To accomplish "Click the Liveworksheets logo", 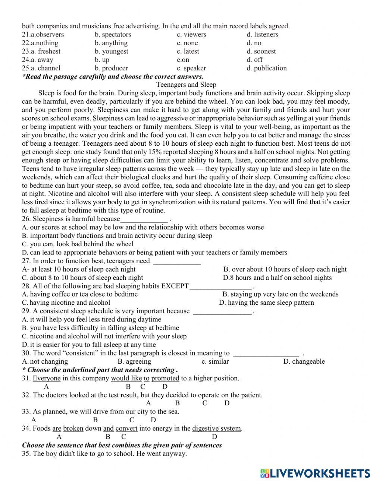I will (x=315, y=473).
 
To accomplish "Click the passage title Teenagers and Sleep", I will (x=186, y=85).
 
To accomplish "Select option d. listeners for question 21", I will (x=262, y=35).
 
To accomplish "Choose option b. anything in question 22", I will (x=111, y=43).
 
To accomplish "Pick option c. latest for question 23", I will (x=188, y=51).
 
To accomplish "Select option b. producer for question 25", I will (x=111, y=68).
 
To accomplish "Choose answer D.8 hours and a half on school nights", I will (x=277, y=278).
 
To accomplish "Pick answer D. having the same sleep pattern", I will (x=266, y=303).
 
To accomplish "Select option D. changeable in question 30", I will (x=304, y=361).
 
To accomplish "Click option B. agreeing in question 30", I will (x=134, y=361).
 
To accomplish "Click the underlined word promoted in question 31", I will (x=165, y=378).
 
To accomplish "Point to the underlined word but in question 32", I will (x=145, y=395).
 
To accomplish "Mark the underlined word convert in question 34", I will (x=126, y=428).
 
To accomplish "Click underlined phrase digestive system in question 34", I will (x=217, y=428).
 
